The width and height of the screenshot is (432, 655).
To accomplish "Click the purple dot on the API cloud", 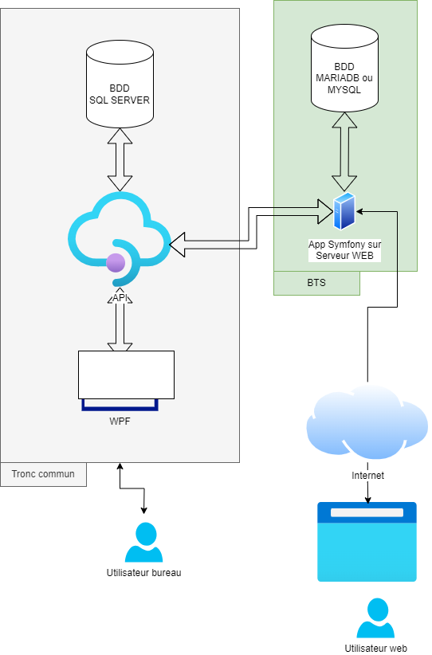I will point(116,262).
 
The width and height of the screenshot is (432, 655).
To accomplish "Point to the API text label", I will point(120,297).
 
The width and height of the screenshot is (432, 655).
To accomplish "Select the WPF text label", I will point(120,422).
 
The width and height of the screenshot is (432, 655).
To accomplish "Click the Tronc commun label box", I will point(43,474).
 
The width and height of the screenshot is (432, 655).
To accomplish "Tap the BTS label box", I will point(316,283).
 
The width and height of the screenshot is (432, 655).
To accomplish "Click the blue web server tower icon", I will point(344,211).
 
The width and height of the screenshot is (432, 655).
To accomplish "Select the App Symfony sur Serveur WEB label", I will point(344,249).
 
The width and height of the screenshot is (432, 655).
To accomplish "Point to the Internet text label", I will point(367,476).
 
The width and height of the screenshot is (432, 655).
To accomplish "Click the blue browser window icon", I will point(367,542).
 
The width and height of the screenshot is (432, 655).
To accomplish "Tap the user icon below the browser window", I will point(375,618).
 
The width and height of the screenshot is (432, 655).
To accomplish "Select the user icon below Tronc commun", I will point(144,543).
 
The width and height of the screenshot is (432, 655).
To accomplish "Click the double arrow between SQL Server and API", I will point(120,159).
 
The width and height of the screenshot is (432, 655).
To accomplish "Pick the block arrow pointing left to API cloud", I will point(205,245).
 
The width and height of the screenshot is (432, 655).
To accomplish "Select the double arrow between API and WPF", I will point(120,323).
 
